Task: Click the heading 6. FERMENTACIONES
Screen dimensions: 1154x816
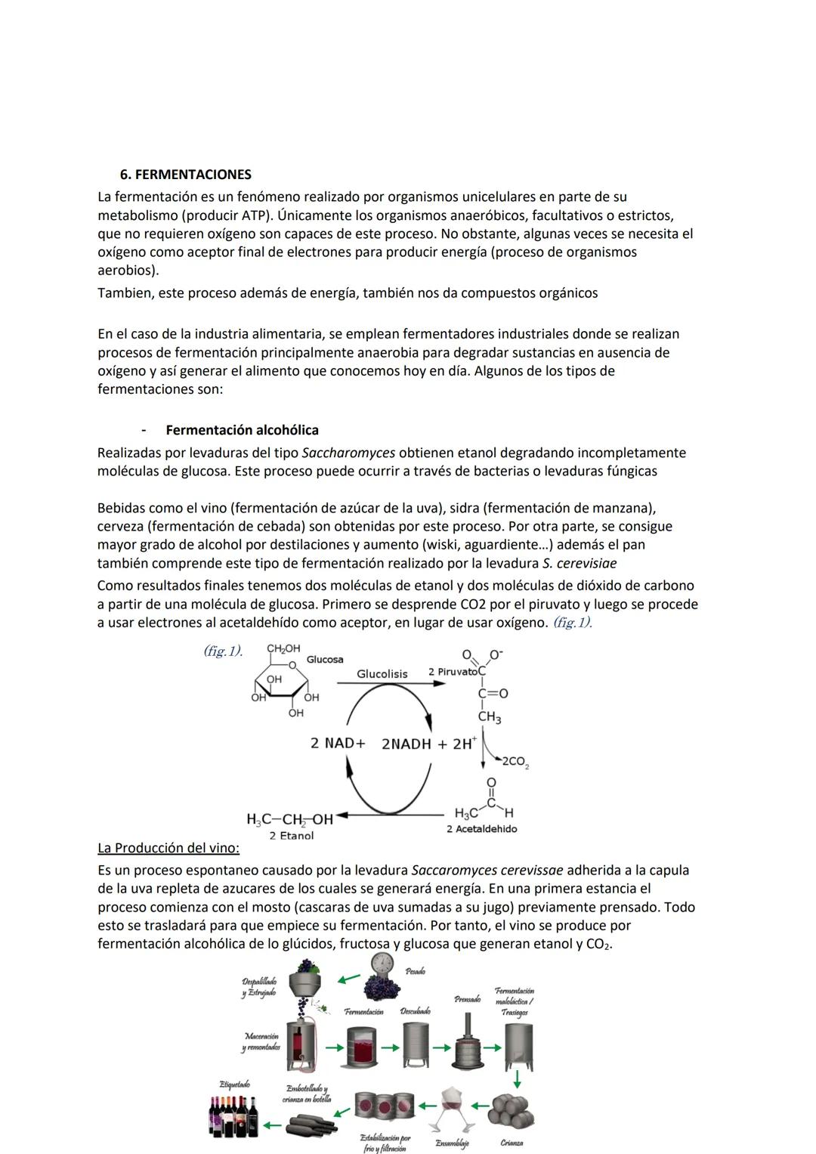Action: tap(186, 175)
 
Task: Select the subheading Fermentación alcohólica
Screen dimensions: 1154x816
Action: tap(242, 430)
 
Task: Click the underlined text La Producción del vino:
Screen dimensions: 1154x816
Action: tap(168, 847)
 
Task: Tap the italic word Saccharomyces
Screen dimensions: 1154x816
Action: tap(348, 453)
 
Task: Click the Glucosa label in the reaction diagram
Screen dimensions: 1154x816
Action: tap(325, 660)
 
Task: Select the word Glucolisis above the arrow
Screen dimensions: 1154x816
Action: tap(382, 673)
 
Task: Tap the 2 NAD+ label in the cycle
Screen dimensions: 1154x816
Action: tap(338, 743)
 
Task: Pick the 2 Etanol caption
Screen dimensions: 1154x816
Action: tap(291, 835)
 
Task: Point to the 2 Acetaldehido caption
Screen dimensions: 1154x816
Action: tap(481, 829)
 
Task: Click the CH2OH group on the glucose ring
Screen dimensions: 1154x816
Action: tap(283, 648)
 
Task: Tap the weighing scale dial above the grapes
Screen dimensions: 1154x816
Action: tap(383, 963)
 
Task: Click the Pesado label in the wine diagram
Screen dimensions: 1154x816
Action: tap(415, 971)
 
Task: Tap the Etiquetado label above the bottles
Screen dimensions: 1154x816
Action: tap(234, 1084)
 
